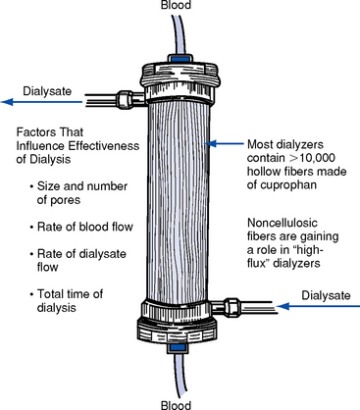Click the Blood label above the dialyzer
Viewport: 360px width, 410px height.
click(x=176, y=5)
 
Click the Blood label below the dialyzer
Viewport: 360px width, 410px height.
click(x=176, y=405)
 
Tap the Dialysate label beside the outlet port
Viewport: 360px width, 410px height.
click(x=47, y=91)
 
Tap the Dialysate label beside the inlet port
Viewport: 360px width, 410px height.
click(x=326, y=295)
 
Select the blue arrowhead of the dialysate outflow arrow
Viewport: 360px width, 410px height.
click(x=7, y=102)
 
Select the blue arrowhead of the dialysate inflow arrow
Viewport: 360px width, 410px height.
click(x=283, y=306)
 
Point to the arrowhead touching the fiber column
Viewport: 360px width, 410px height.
click(x=211, y=143)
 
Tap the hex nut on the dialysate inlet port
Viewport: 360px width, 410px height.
click(x=231, y=307)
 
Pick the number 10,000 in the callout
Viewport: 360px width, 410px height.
click(x=316, y=158)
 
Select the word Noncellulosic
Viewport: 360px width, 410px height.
click(x=283, y=223)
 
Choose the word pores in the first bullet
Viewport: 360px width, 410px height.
click(x=59, y=200)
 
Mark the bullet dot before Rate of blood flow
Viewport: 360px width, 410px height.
click(x=31, y=228)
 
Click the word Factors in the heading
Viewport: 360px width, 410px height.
click(x=33, y=132)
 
